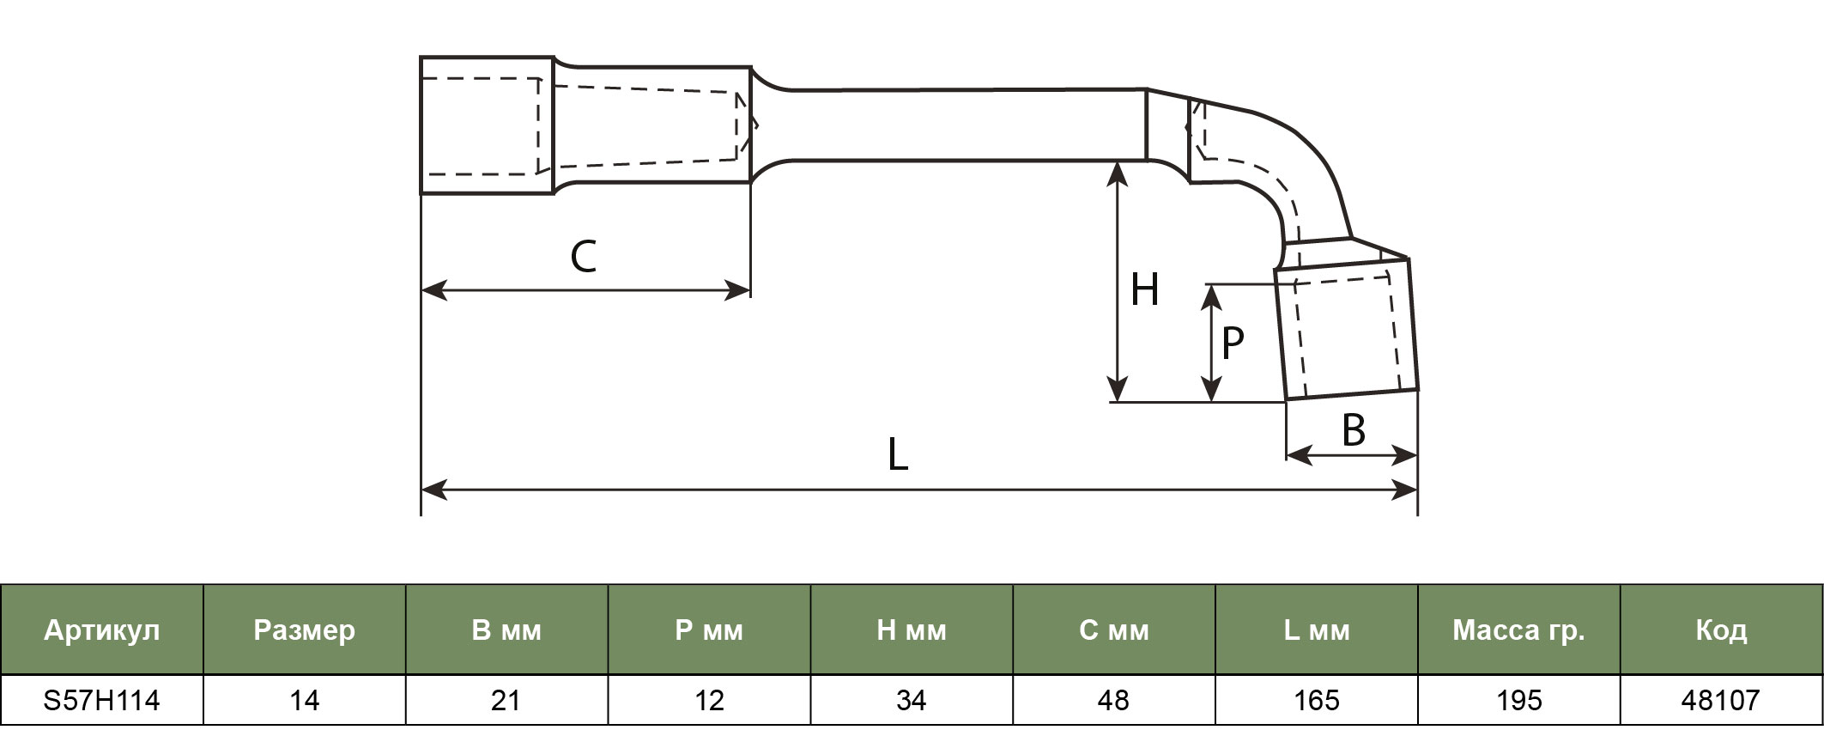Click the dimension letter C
584,257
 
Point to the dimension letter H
1145,289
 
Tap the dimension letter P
1233,344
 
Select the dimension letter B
1354,430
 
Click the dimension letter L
898,454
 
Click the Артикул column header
102,630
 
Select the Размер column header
305,630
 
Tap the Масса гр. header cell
1518,630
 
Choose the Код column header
1721,630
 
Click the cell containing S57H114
102,701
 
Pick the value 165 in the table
1317,701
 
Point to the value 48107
1721,701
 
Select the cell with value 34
912,701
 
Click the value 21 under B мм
506,701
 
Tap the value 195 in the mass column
1518,701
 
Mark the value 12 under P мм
709,701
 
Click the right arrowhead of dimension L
1406,490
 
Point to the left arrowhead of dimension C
434,290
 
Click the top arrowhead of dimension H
1117,173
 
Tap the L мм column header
1317,630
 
